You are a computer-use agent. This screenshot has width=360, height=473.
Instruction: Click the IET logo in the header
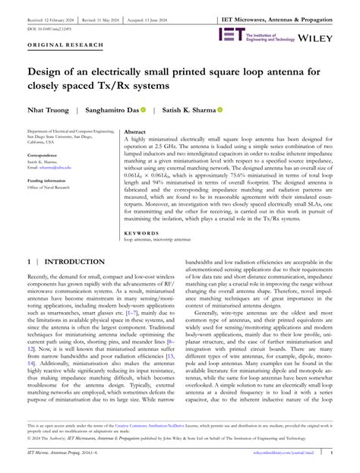[230, 34]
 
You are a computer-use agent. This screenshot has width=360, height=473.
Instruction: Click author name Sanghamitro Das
[114, 110]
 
